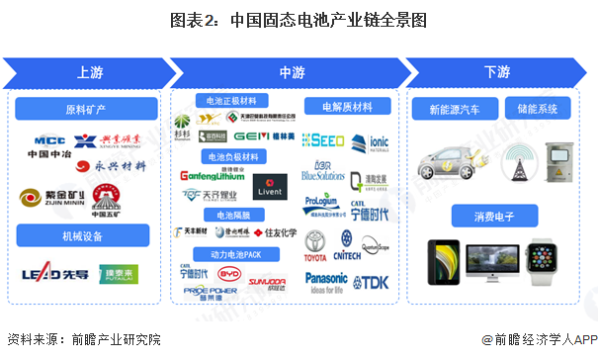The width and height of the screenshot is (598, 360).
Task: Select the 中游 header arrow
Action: [292, 71]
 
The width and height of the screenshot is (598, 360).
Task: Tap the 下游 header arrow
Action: [497, 71]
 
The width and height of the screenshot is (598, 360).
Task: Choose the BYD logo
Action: [230, 273]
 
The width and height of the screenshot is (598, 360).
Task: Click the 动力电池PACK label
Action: [232, 253]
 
